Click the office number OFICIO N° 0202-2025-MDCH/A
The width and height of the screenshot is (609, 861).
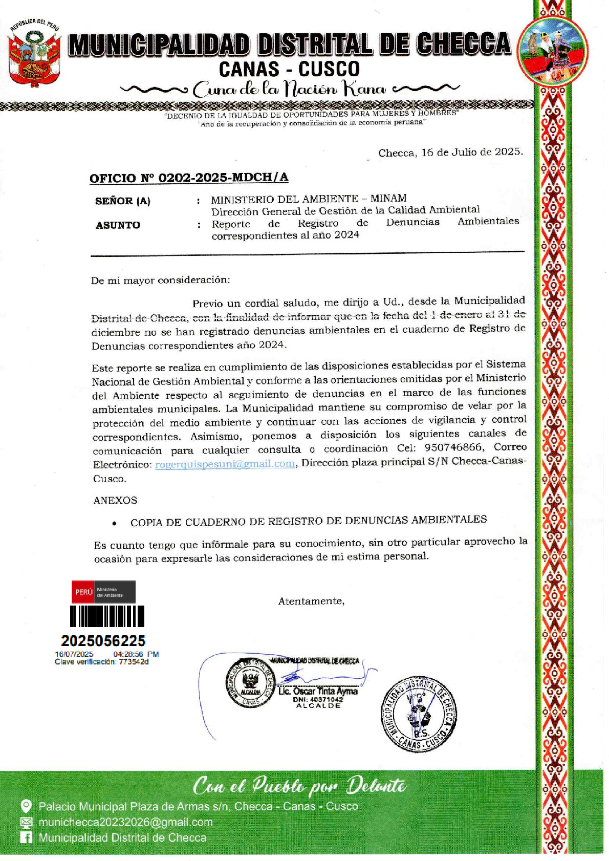click(189, 178)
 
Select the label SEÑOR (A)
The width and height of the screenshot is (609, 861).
click(123, 201)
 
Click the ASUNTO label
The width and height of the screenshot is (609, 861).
click(118, 225)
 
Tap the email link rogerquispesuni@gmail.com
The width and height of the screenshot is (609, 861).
click(225, 464)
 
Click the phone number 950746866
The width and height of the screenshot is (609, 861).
click(453, 447)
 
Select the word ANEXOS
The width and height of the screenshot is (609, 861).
click(115, 500)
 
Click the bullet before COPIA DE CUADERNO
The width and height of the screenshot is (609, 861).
click(115, 523)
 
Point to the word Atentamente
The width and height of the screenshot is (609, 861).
click(311, 601)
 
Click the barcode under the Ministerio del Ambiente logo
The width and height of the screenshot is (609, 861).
click(107, 616)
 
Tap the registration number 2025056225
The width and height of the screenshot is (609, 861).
click(103, 640)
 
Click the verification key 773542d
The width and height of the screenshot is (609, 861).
click(134, 662)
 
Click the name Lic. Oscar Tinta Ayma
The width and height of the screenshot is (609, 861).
click(318, 691)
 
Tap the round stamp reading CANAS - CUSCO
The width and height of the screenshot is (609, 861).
click(419, 715)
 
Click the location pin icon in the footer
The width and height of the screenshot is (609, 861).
click(26, 806)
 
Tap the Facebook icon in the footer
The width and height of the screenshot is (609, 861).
click(26, 837)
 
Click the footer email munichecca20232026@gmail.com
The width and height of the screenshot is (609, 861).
click(125, 822)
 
